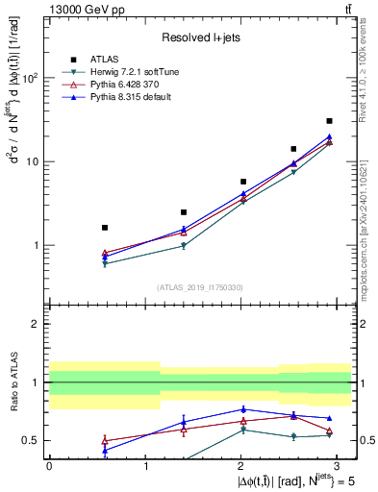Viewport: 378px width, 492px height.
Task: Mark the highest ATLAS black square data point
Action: click(329, 121)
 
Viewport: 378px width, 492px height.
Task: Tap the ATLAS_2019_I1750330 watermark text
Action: click(199, 287)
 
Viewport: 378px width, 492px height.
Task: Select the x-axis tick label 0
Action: click(49, 465)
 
